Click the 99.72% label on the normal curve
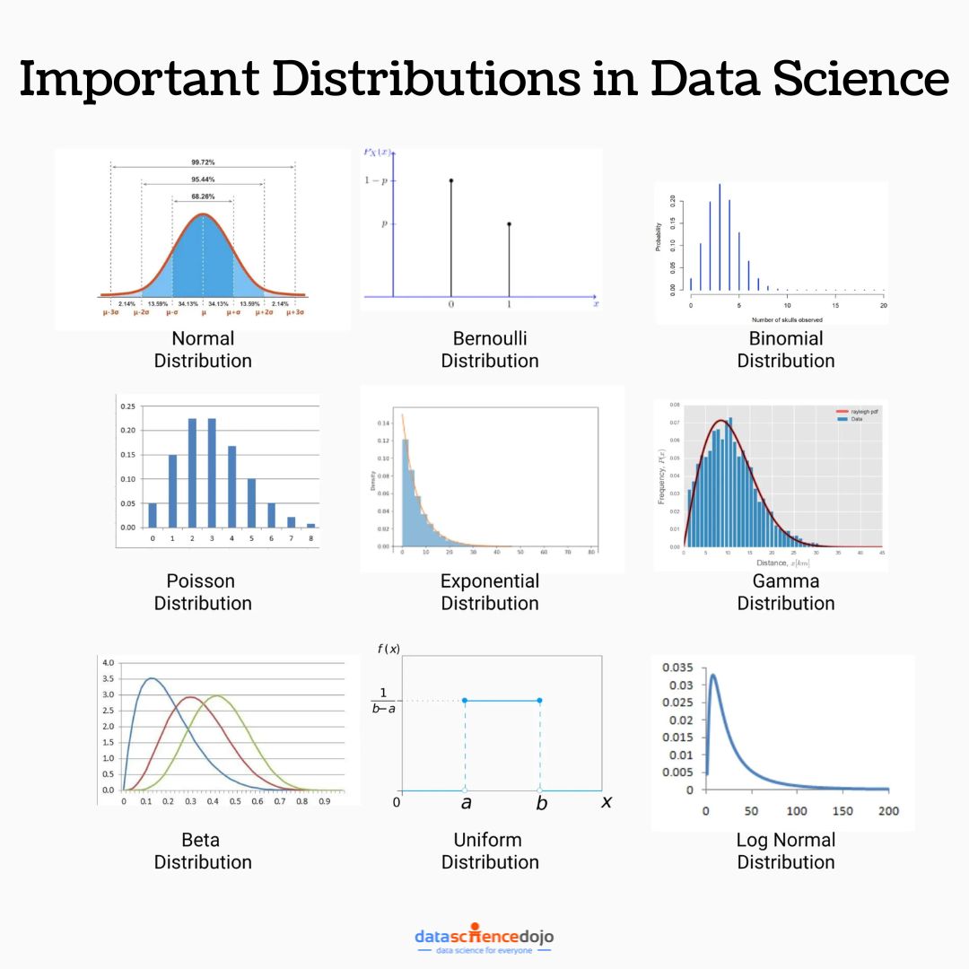pyautogui.click(x=203, y=162)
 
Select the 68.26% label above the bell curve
pyautogui.click(x=203, y=196)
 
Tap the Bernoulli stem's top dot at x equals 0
pyautogui.click(x=451, y=180)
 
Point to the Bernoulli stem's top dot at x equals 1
pyautogui.click(x=509, y=224)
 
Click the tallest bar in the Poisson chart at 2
pyautogui.click(x=192, y=473)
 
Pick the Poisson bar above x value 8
pyautogui.click(x=310, y=525)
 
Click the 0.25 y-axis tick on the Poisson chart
pyautogui.click(x=127, y=406)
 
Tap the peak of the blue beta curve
pyautogui.click(x=151, y=678)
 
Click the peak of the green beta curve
pyautogui.click(x=217, y=695)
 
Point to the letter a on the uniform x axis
pyautogui.click(x=466, y=803)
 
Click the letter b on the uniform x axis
pyautogui.click(x=541, y=803)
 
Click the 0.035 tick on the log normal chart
pyautogui.click(x=677, y=668)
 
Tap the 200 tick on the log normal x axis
pyautogui.click(x=887, y=811)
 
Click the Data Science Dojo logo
pyautogui.click(x=484, y=939)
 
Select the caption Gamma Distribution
pyautogui.click(x=786, y=592)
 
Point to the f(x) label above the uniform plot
pyautogui.click(x=389, y=650)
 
